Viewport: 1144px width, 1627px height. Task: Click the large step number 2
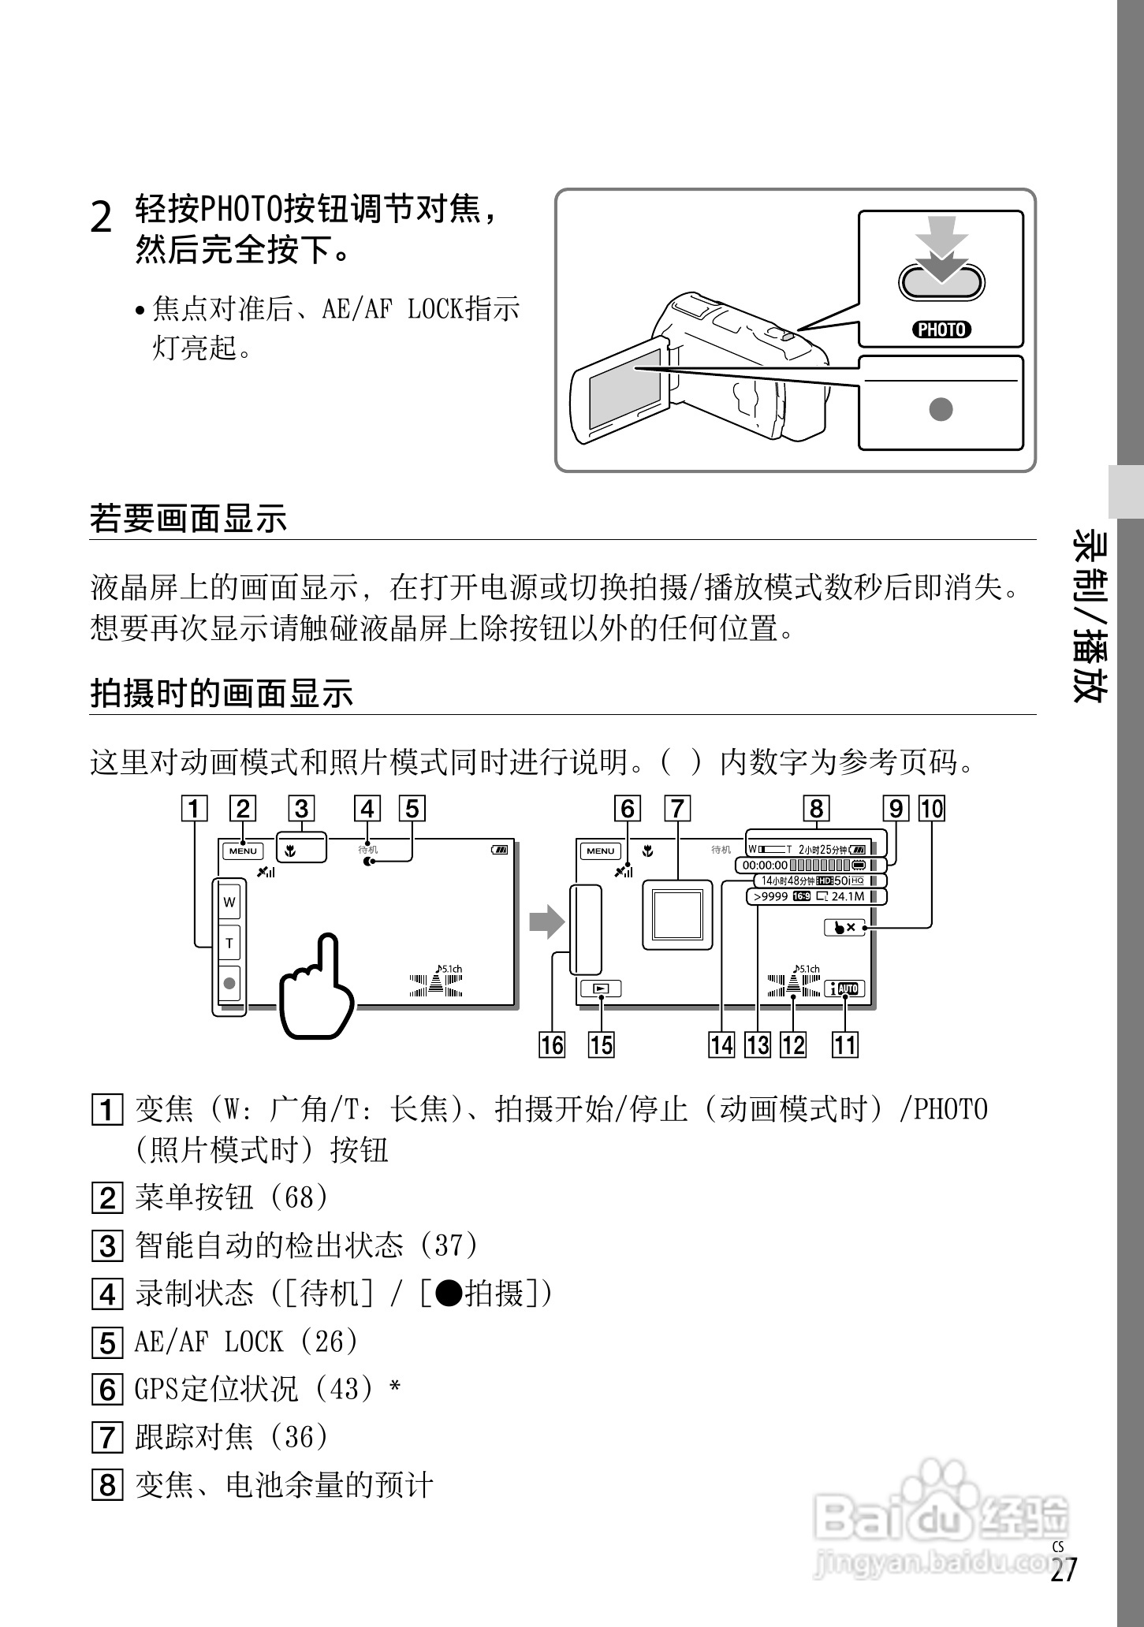[102, 217]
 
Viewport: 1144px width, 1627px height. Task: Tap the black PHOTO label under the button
[941, 329]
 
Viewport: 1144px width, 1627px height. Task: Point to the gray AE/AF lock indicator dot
[941, 409]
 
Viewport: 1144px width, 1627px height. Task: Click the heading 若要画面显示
[188, 519]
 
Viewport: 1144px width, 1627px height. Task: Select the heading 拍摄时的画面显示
[222, 694]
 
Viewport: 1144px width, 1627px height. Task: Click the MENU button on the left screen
[243, 851]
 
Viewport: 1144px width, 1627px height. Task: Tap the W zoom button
[229, 902]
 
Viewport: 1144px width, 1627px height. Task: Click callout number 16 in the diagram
[552, 1045]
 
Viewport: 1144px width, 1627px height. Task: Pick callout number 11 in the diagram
[844, 1045]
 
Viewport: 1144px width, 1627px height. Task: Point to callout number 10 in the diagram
[932, 809]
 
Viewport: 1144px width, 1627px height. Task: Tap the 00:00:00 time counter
[765, 865]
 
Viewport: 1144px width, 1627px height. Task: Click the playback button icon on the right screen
[601, 988]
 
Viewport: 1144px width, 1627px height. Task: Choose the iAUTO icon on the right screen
[844, 988]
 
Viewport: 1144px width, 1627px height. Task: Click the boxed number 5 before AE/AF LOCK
[107, 1342]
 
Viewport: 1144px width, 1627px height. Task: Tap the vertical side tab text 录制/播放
[1090, 615]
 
